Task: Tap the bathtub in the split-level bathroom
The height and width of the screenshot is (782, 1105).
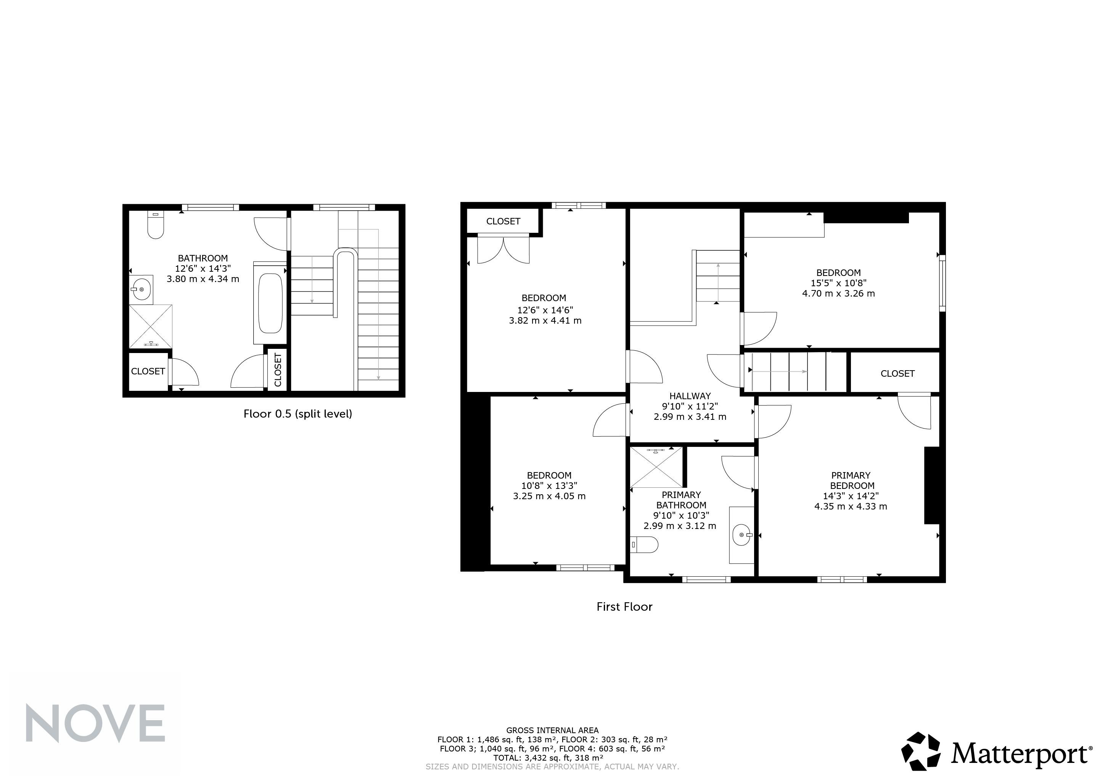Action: coord(270,303)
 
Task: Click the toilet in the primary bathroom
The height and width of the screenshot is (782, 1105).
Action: coord(644,545)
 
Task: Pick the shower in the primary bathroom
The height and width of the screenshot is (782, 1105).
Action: coord(656,467)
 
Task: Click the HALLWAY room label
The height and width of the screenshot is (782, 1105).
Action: coord(690,396)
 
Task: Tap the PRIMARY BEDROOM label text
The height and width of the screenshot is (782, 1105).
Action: coord(851,480)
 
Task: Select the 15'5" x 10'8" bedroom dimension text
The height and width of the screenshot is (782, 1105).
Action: coord(838,283)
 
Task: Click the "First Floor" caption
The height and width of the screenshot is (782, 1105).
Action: coord(624,607)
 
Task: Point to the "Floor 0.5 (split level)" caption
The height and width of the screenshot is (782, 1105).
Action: coord(298,414)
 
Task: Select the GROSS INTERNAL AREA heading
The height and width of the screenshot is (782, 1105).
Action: coord(552,730)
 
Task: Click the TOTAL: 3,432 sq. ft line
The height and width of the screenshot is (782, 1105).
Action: coord(548,758)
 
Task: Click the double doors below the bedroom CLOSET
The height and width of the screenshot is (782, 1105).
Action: coord(503,248)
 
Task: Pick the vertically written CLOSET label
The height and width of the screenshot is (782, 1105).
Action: coord(278,370)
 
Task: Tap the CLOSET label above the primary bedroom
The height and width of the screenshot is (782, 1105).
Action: coord(898,374)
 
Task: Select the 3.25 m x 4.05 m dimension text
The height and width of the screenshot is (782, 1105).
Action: coord(549,496)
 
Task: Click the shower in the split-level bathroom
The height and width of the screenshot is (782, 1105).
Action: coord(151,326)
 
